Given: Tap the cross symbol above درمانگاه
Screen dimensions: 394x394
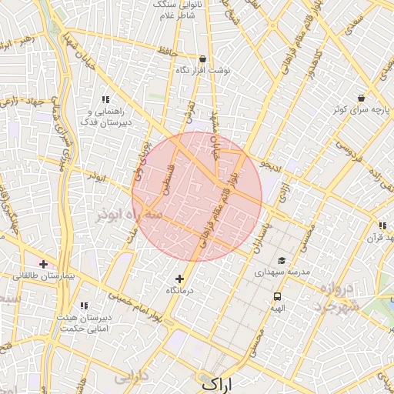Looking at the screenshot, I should pyautogui.click(x=180, y=279).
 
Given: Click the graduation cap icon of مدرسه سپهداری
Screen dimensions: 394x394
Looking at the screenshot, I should pyautogui.click(x=281, y=261).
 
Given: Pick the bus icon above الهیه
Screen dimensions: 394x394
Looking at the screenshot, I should pyautogui.click(x=277, y=296).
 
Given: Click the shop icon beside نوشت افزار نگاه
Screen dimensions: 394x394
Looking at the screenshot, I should pyautogui.click(x=202, y=58).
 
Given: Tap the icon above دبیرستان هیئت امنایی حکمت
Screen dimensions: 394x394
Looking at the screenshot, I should pyautogui.click(x=83, y=306).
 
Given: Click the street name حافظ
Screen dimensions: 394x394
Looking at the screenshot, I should pyautogui.click(x=167, y=52).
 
